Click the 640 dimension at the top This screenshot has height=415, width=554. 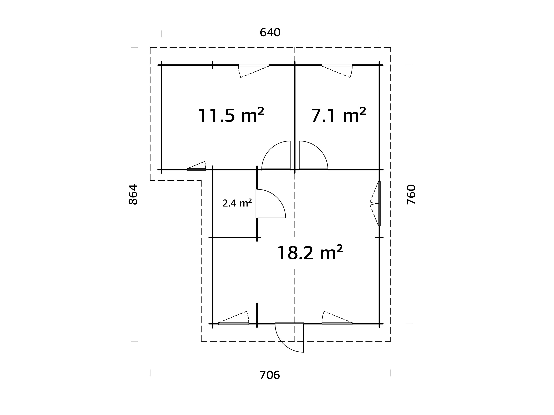(270, 33)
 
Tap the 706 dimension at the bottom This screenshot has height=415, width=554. (270, 375)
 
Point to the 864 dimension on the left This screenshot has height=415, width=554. (133, 194)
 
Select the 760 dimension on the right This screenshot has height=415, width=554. (411, 194)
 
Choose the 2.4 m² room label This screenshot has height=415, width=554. (237, 203)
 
